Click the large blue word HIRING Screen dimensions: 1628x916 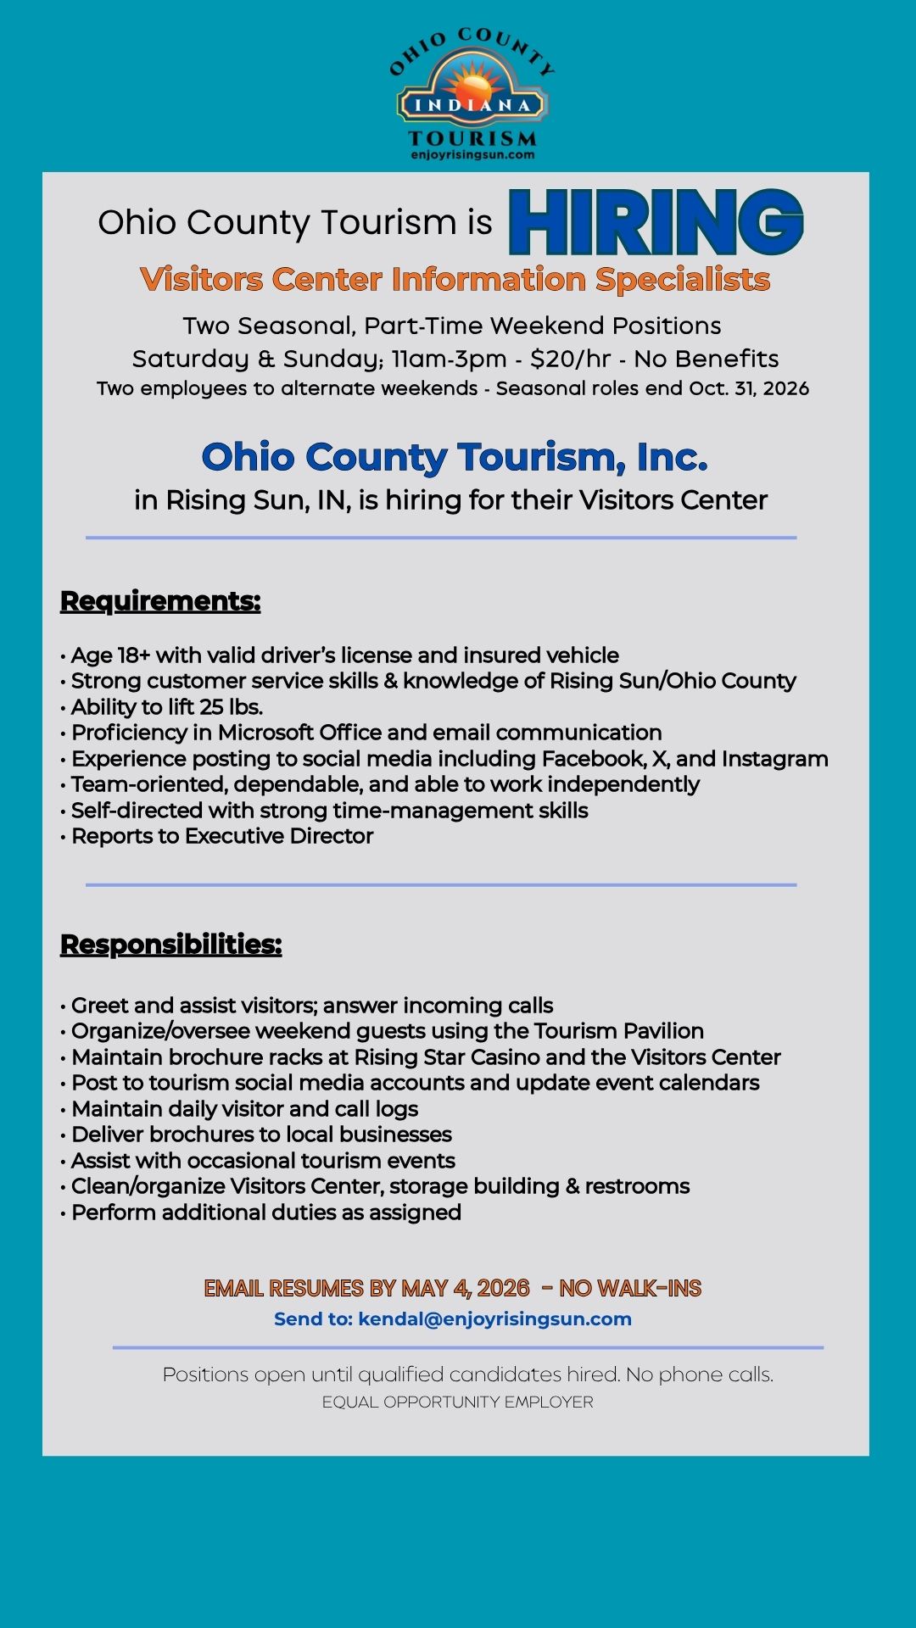tap(656, 222)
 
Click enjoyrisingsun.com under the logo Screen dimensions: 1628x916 tap(472, 155)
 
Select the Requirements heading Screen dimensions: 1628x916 tap(160, 601)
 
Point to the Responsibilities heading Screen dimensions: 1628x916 tap(170, 945)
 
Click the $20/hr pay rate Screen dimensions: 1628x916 tap(570, 359)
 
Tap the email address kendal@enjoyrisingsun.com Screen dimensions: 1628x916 tap(494, 1319)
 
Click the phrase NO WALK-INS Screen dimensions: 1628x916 tap(630, 1289)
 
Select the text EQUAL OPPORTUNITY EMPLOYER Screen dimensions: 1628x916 tap(457, 1402)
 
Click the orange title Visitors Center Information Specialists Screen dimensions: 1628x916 tap(455, 280)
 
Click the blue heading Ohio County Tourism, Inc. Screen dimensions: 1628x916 tap(454, 457)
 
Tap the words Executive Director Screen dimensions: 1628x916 tap(279, 836)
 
